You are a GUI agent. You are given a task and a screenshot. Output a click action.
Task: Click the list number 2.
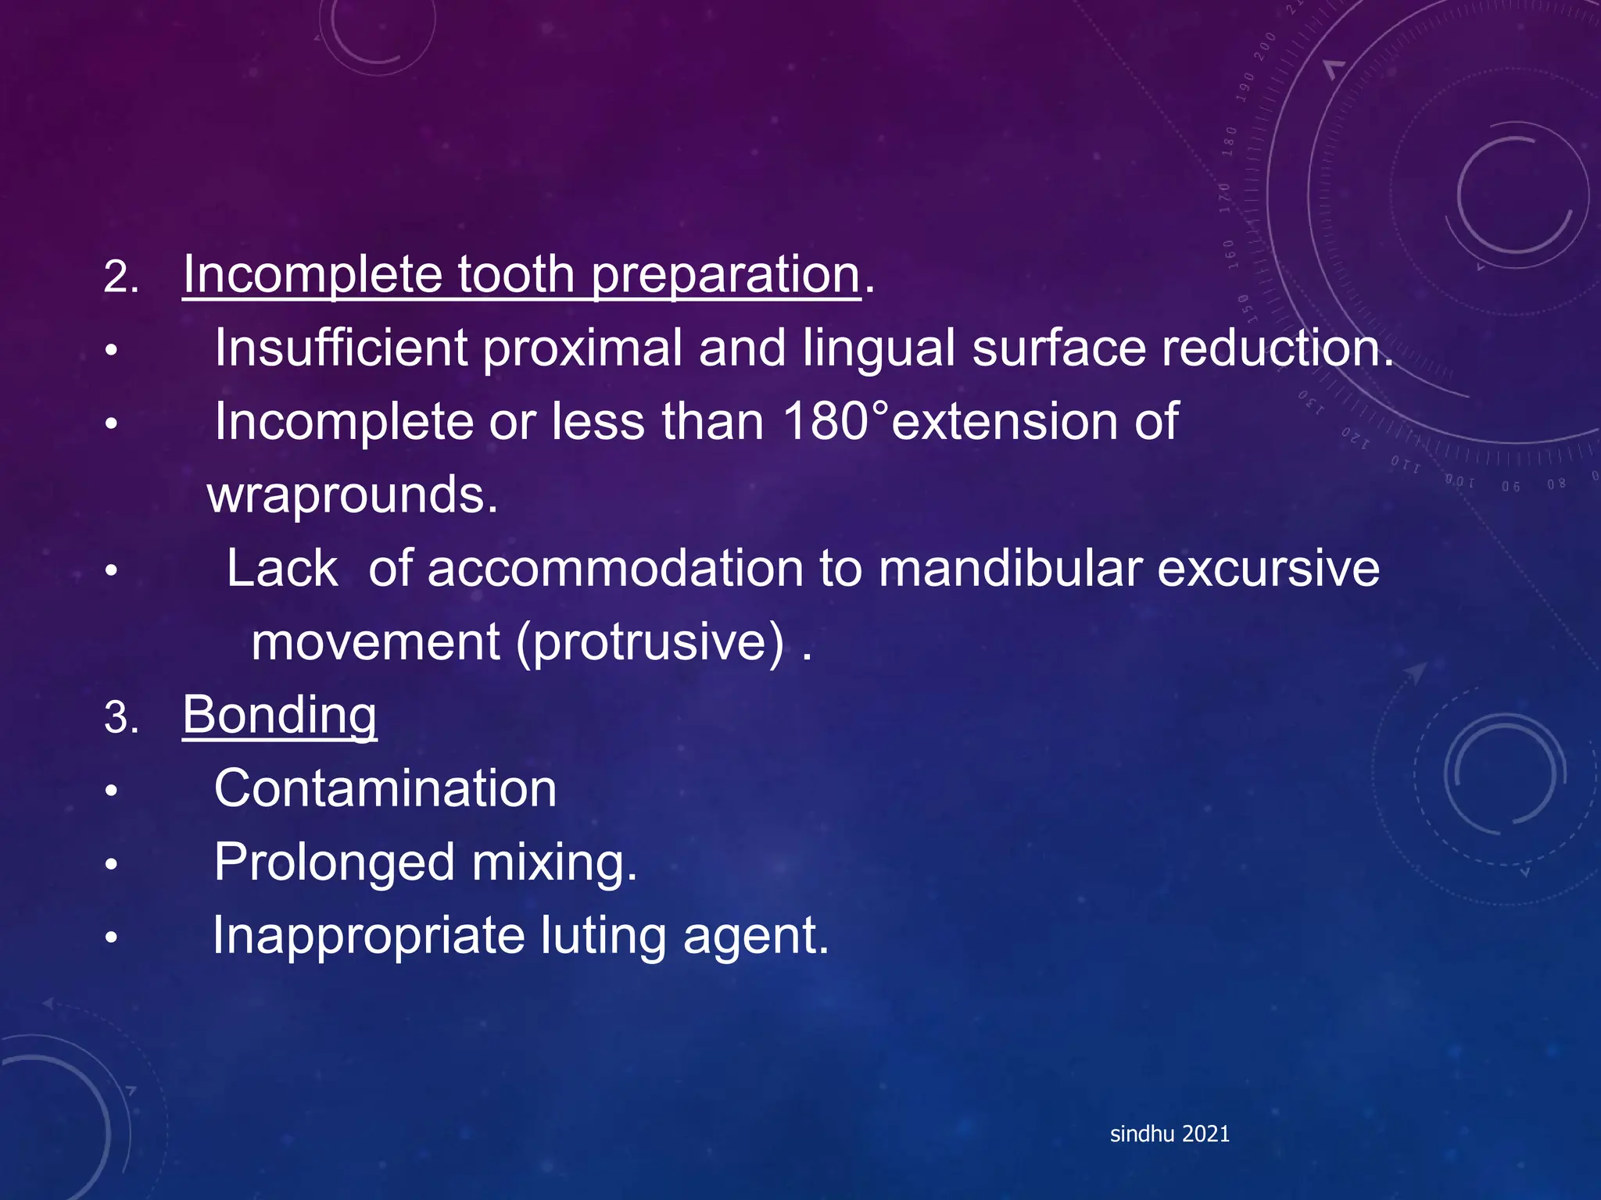[x=120, y=277]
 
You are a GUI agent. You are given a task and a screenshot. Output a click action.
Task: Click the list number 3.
[x=120, y=717]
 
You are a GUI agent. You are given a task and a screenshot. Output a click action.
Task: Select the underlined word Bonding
[x=279, y=715]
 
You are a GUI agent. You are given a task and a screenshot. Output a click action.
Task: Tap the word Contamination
[x=385, y=788]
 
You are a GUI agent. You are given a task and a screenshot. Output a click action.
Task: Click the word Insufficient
[x=341, y=348]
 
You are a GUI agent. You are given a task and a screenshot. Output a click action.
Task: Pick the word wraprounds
[x=353, y=495]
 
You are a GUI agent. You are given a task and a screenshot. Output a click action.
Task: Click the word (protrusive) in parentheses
[x=649, y=642]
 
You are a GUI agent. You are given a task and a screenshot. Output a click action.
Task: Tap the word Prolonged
[x=335, y=862]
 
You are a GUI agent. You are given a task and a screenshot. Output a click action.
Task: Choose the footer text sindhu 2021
[x=1169, y=1134]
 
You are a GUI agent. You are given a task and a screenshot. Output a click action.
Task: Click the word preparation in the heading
[x=725, y=275]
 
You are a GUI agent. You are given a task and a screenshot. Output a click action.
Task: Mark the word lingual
[x=879, y=348]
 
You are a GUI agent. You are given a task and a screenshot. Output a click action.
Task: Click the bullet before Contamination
[x=112, y=791]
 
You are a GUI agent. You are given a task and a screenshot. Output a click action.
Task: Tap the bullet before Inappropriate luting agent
[x=112, y=937]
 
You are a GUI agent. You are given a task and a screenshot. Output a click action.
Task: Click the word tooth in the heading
[x=516, y=275]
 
